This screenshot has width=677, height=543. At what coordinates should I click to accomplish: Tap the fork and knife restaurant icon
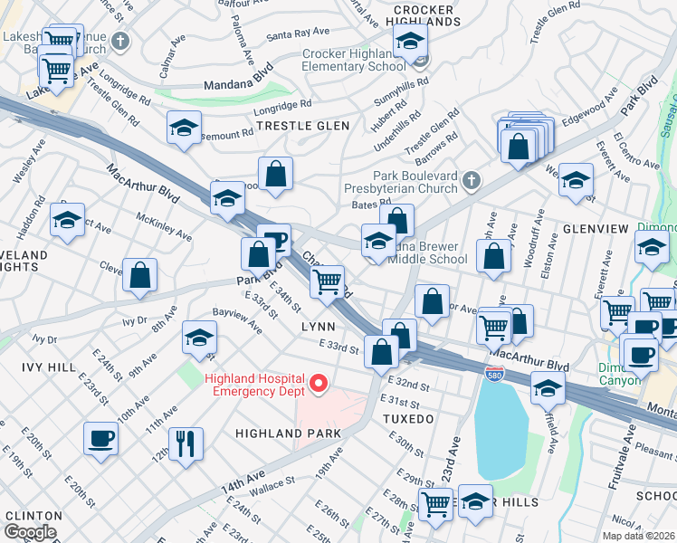pyautogui.click(x=186, y=443)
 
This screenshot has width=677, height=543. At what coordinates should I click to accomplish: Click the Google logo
pyautogui.click(x=31, y=532)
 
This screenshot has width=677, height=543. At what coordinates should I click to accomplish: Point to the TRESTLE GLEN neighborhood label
pyautogui.click(x=302, y=126)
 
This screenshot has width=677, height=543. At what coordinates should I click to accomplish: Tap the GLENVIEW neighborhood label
pyautogui.click(x=595, y=229)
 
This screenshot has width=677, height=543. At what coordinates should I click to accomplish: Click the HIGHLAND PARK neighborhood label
pyautogui.click(x=288, y=433)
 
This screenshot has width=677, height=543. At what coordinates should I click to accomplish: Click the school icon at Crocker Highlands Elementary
pyautogui.click(x=410, y=43)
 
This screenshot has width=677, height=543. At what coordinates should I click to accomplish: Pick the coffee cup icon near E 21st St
pyautogui.click(x=100, y=439)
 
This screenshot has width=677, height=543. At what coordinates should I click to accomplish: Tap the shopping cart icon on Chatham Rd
pyautogui.click(x=328, y=281)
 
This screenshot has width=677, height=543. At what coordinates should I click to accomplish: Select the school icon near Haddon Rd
pyautogui.click(x=68, y=220)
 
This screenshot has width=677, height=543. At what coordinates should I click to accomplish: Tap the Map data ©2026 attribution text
pyautogui.click(x=637, y=536)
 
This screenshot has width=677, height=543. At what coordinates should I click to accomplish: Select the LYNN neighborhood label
pyautogui.click(x=318, y=327)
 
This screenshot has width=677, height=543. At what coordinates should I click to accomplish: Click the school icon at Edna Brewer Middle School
pyautogui.click(x=378, y=242)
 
